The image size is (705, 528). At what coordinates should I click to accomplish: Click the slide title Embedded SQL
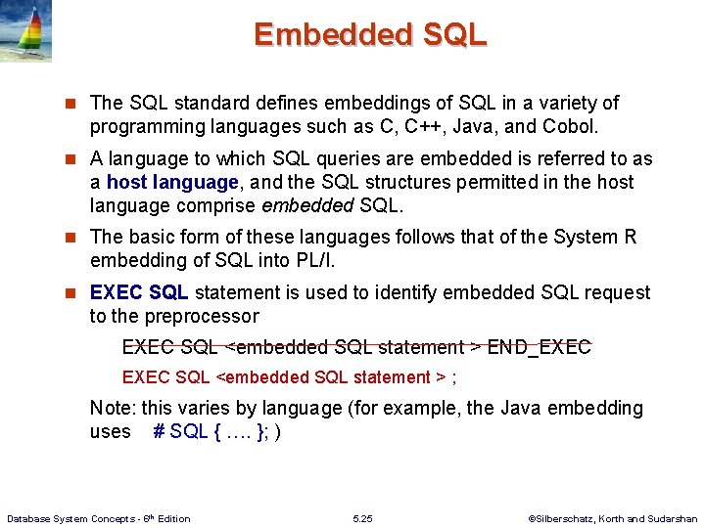point(370,35)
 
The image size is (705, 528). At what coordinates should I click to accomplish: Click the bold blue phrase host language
point(171,182)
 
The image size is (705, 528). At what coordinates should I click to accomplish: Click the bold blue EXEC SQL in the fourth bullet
point(139,292)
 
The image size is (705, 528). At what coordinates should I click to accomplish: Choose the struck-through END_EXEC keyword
point(539,347)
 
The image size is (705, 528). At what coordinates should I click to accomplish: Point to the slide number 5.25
point(362,518)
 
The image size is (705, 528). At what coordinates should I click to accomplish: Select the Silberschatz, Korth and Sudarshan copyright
point(612,518)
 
